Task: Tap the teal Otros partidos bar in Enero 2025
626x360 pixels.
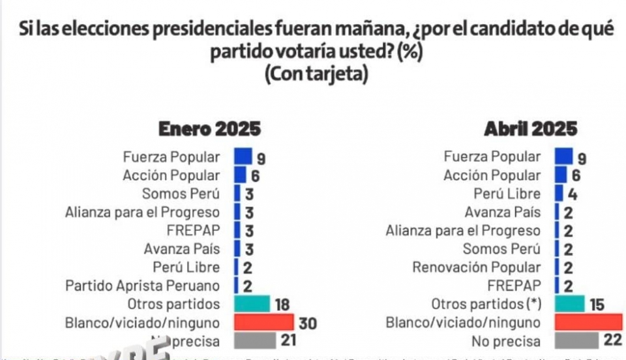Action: click(252, 304)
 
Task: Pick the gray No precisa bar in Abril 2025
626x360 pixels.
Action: click(576, 341)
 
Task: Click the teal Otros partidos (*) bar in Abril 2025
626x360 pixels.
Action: click(570, 304)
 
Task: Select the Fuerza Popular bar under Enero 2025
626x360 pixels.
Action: click(243, 157)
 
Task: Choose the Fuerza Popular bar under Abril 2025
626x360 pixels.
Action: click(563, 157)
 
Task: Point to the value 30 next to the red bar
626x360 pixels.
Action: click(307, 323)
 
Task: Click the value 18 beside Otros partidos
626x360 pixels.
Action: click(281, 305)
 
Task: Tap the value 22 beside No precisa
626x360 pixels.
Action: click(612, 342)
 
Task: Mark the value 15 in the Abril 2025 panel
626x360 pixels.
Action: click(596, 305)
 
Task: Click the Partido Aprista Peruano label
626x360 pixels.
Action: click(142, 286)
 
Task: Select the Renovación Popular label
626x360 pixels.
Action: click(476, 267)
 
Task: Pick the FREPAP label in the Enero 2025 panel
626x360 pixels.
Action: click(194, 230)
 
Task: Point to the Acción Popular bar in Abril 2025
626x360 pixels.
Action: click(561, 175)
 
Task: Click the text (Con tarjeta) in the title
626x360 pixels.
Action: click(316, 74)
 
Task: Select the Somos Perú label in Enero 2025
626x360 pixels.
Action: click(181, 194)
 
